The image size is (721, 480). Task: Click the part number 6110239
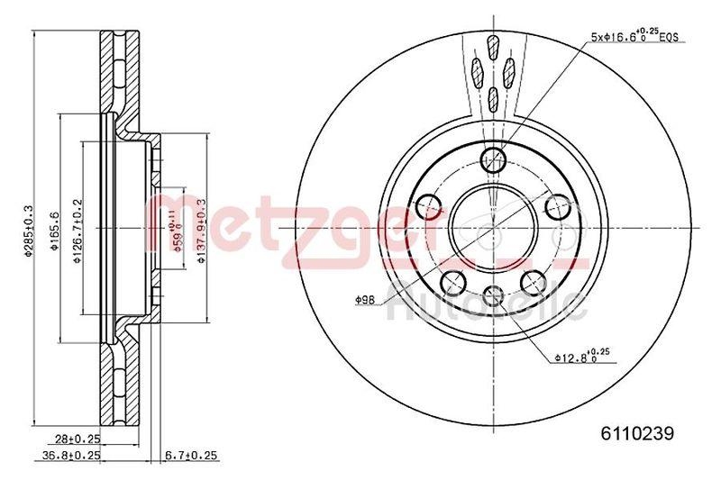pyautogui.click(x=637, y=433)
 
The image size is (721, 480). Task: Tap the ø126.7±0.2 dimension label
pyautogui.click(x=78, y=231)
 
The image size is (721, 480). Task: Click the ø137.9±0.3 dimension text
pyautogui.click(x=202, y=231)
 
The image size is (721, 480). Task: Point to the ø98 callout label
pyautogui.click(x=365, y=298)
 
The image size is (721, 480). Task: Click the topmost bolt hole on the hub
pyautogui.click(x=493, y=161)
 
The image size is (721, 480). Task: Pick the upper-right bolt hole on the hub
pyautogui.click(x=558, y=208)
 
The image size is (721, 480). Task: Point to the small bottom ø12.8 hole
pyautogui.click(x=493, y=293)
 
